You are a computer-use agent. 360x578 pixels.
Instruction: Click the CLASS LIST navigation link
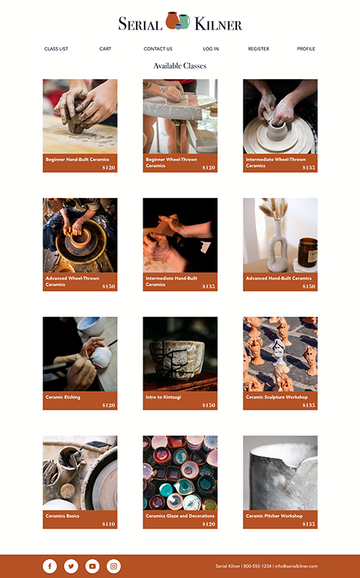tap(56, 49)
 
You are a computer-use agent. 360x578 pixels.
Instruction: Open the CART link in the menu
tap(105, 49)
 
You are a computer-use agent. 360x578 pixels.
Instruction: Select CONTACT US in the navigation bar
tap(158, 49)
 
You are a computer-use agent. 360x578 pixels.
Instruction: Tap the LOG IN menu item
tap(211, 49)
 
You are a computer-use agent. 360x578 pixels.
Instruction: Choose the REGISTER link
tap(258, 49)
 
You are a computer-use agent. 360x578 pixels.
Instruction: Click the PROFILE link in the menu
tap(306, 49)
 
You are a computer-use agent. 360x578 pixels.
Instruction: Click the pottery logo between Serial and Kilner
tap(178, 21)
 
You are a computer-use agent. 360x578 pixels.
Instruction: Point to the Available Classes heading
tap(180, 66)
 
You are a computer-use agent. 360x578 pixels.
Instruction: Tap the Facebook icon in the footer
tap(50, 566)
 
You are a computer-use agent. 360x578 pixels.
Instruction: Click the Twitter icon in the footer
tap(71, 566)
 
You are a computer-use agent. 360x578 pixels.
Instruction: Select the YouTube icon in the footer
tap(92, 566)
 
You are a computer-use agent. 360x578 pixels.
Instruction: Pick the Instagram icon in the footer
tap(114, 566)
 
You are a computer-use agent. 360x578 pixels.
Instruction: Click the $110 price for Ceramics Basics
tap(109, 524)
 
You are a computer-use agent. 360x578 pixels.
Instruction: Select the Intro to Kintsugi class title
tap(163, 397)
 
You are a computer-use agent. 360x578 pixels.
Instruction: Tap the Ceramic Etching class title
tap(63, 397)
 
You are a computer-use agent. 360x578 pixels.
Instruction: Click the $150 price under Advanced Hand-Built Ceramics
tap(309, 286)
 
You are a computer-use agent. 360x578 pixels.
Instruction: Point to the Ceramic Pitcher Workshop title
tap(274, 515)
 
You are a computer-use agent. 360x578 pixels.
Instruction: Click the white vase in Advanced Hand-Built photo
tap(277, 245)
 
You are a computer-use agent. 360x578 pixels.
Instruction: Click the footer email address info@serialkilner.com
tap(296, 566)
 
